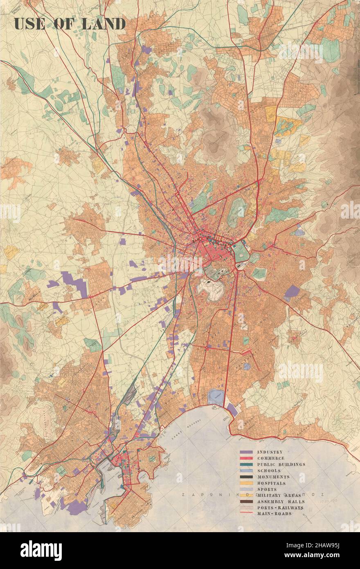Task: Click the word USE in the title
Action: (28, 24)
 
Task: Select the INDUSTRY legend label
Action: (270, 452)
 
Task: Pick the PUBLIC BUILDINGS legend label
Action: (281, 465)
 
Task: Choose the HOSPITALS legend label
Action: (272, 483)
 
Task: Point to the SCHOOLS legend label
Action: (269, 471)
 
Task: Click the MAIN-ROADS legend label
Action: (274, 514)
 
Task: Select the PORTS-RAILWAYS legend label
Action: (280, 508)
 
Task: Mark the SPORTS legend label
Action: (267, 489)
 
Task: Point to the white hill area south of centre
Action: (211, 287)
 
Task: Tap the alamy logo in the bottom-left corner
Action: (41, 551)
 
